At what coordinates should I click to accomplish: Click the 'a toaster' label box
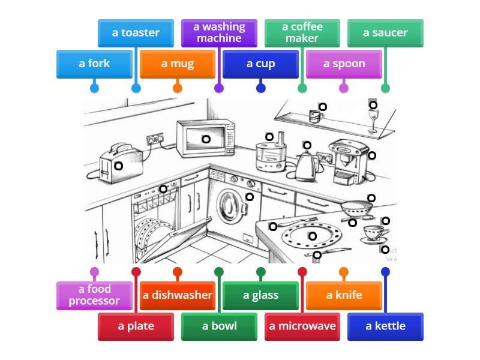coord(136,33)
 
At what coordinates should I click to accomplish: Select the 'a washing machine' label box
coord(219,33)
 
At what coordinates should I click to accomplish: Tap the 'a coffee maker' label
coord(302,33)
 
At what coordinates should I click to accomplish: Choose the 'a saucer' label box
coord(385,33)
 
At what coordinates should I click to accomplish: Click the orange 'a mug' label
coord(178,64)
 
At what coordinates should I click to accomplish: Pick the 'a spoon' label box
coord(344,64)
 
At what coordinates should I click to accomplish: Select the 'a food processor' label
coord(94,295)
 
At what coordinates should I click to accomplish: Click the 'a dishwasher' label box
coord(178,295)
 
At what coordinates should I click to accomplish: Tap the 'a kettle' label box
coord(385,326)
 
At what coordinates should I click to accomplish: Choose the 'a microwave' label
coord(302,326)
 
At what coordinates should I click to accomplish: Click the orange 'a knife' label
coord(344,295)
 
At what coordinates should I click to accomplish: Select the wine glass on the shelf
coord(373,120)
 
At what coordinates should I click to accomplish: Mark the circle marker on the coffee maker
coord(372,155)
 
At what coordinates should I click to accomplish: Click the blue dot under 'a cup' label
coord(260,88)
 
